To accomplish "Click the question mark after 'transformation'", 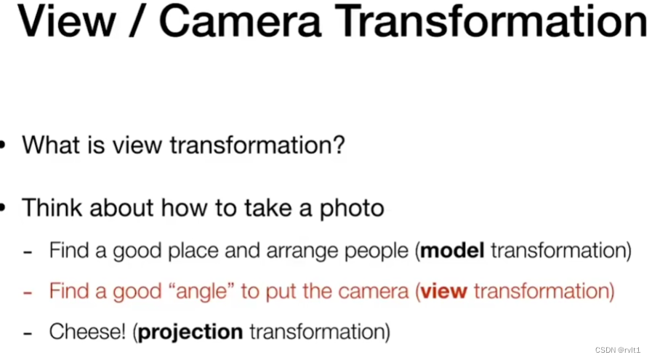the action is coord(339,145).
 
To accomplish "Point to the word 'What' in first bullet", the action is coord(51,145).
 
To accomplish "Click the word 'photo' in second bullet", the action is coord(351,208).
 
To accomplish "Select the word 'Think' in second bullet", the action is coord(52,207).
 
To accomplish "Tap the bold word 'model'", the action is coord(452,250).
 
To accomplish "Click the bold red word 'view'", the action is coord(443,291).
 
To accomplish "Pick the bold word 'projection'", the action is coord(190,332).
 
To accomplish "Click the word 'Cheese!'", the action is coord(87,332).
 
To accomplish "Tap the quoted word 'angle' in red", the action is coord(202,292).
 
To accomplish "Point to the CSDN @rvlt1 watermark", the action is coord(618,350).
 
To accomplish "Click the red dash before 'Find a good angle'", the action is coord(28,292).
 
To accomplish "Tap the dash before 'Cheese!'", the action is coord(28,333).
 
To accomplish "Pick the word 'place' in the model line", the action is coord(193,251).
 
